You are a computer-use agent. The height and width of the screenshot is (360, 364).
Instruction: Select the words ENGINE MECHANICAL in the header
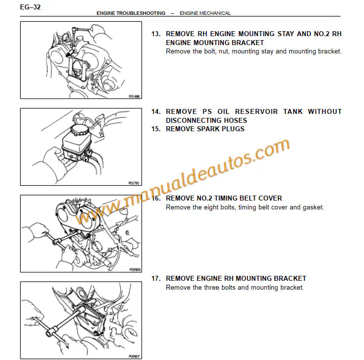205,13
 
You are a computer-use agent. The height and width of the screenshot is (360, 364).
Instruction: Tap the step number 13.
156,34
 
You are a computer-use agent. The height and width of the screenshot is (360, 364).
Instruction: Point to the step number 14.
156,112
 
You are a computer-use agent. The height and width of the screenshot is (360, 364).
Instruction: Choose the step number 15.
156,129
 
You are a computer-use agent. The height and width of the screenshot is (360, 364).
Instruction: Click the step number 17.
156,279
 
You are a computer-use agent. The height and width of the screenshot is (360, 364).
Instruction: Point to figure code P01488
134,97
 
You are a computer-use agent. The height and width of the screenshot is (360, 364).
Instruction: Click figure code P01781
134,183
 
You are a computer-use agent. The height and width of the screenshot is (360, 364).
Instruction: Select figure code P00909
134,270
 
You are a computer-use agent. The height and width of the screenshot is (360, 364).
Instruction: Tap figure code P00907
134,356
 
